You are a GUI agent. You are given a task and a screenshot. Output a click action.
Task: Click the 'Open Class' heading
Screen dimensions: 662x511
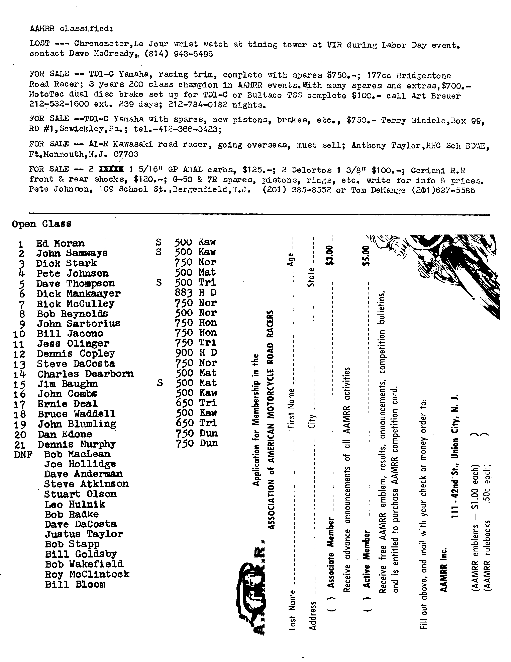tap(42, 224)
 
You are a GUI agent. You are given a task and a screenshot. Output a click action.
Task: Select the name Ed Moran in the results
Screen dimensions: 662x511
tap(60, 243)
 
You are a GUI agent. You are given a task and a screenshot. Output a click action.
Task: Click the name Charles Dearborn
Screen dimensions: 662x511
tap(85, 374)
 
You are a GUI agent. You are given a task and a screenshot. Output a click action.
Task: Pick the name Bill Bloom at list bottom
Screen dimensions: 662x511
tap(75, 584)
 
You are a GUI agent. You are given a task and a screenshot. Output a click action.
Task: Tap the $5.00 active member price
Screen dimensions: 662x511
tap(366, 256)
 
